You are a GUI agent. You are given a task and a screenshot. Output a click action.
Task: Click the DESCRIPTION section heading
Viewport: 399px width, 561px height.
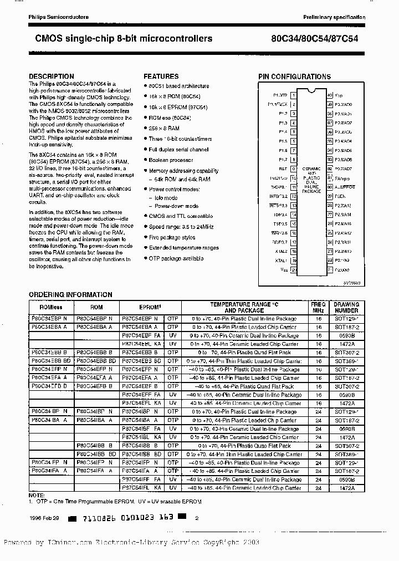point(51,76)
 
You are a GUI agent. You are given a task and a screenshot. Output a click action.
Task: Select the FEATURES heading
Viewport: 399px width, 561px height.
point(161,76)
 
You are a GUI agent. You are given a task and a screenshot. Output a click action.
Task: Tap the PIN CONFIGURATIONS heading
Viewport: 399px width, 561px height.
point(294,77)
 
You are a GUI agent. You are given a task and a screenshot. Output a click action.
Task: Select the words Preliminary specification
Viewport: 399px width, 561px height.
point(334,18)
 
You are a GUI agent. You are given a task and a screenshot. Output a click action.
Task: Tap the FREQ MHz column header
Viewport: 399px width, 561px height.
point(319,307)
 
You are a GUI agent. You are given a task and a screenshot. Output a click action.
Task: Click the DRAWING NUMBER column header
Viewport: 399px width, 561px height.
point(346,307)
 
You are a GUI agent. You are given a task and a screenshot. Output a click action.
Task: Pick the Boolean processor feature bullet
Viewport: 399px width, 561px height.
point(170,160)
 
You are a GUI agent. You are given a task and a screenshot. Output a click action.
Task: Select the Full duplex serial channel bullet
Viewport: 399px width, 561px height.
point(178,150)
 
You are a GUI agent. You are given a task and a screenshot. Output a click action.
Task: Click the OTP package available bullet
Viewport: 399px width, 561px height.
point(176,258)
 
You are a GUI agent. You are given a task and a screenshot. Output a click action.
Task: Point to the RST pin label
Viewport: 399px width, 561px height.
point(283,169)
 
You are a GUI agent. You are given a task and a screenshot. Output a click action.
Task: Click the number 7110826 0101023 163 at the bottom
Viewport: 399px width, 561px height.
point(127,519)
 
